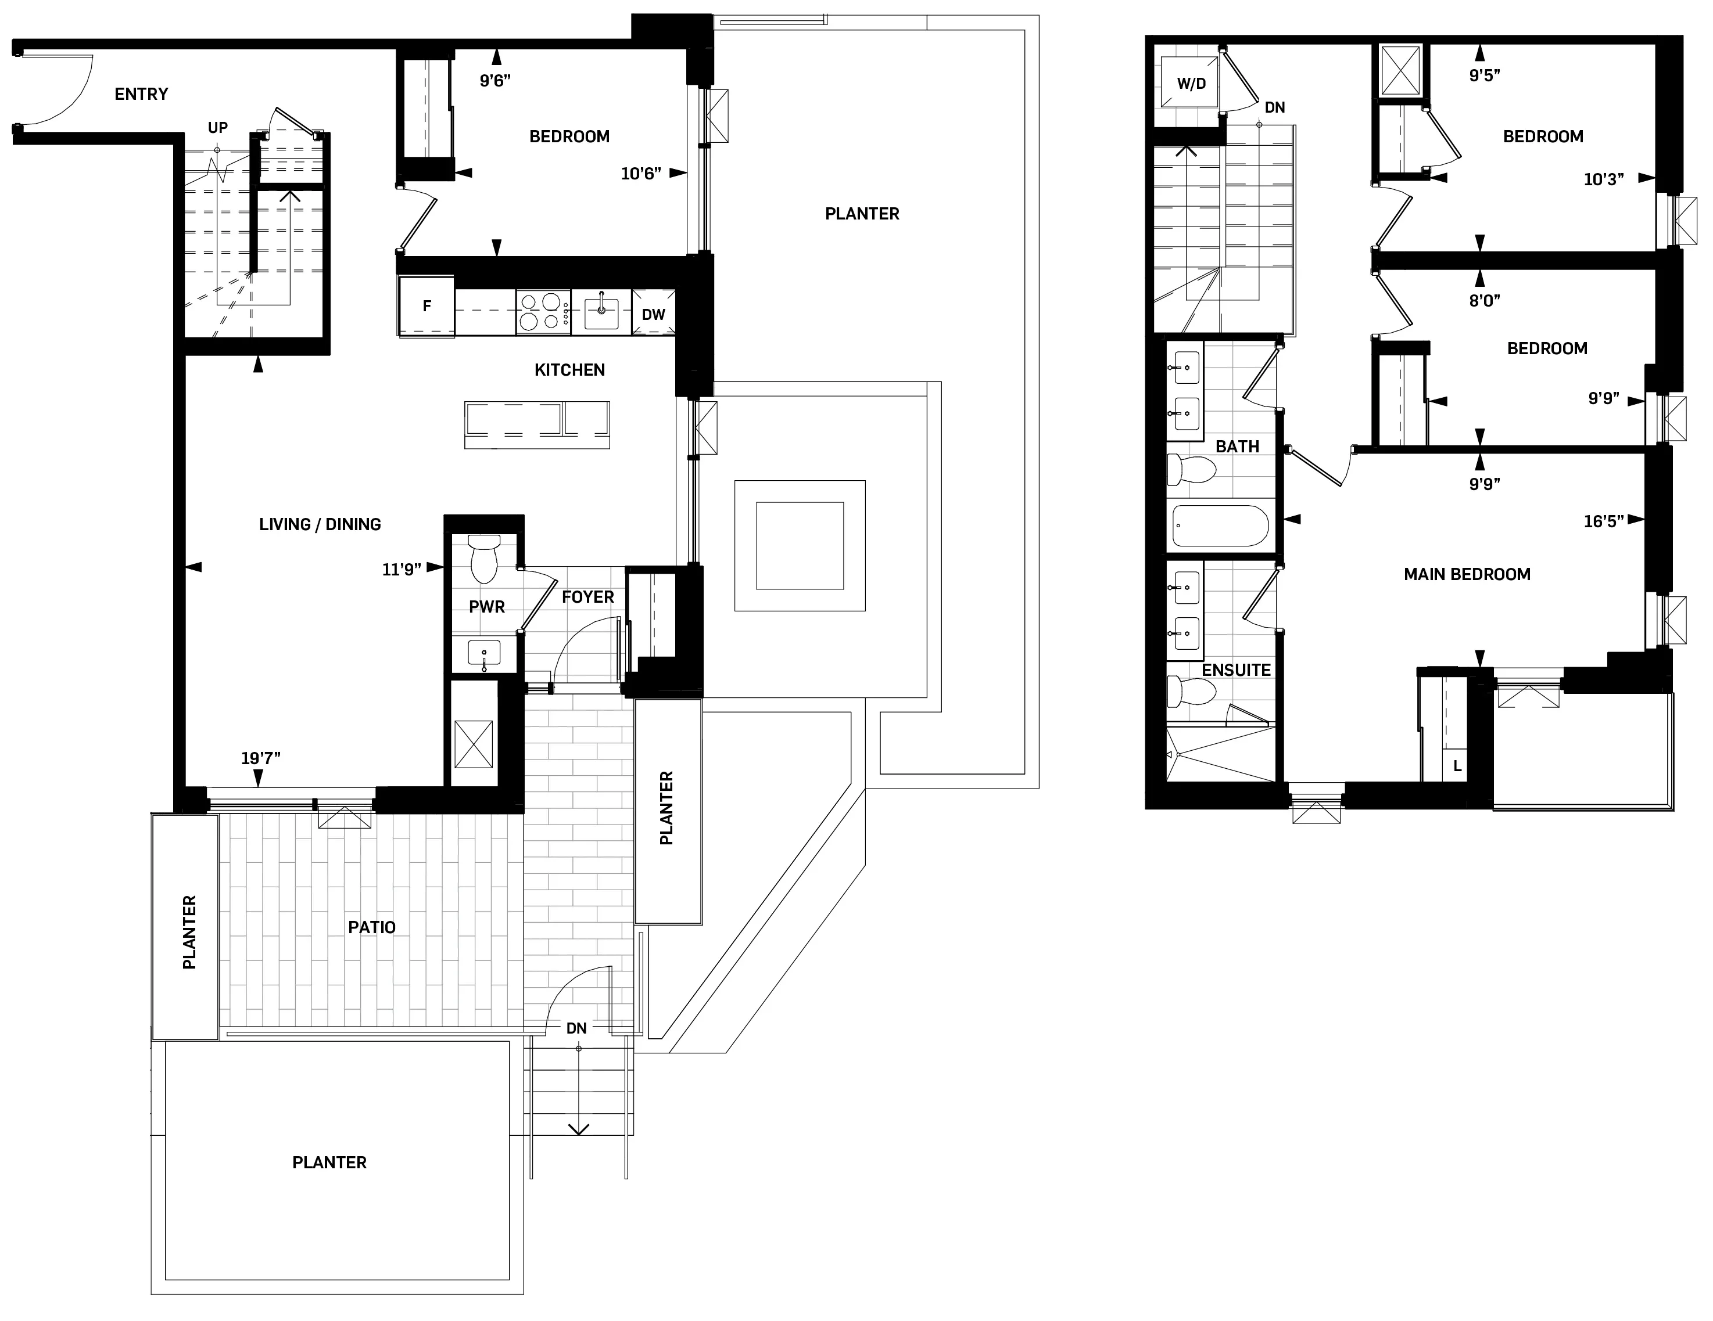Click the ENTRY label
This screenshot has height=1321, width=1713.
point(141,94)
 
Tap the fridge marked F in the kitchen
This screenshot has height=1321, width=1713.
point(426,306)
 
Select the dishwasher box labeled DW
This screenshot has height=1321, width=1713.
point(653,314)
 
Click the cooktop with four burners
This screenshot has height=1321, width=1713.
point(543,312)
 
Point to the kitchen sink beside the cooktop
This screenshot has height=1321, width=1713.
point(601,312)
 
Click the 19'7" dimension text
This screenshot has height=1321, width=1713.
point(260,758)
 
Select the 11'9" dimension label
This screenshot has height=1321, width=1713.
point(401,570)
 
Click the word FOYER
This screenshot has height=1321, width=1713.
point(587,597)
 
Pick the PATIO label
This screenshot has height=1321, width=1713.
point(372,927)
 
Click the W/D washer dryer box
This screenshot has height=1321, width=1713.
point(1191,84)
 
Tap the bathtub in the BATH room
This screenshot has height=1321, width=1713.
point(1219,526)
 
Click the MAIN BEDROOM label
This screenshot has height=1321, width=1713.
point(1467,575)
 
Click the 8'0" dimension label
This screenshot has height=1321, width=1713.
point(1484,300)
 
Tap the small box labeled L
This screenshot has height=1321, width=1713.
point(1457,766)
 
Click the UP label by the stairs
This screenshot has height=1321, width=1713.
point(217,128)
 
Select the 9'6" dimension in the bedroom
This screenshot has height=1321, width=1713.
point(495,81)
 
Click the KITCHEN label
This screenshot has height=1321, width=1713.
point(569,370)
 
